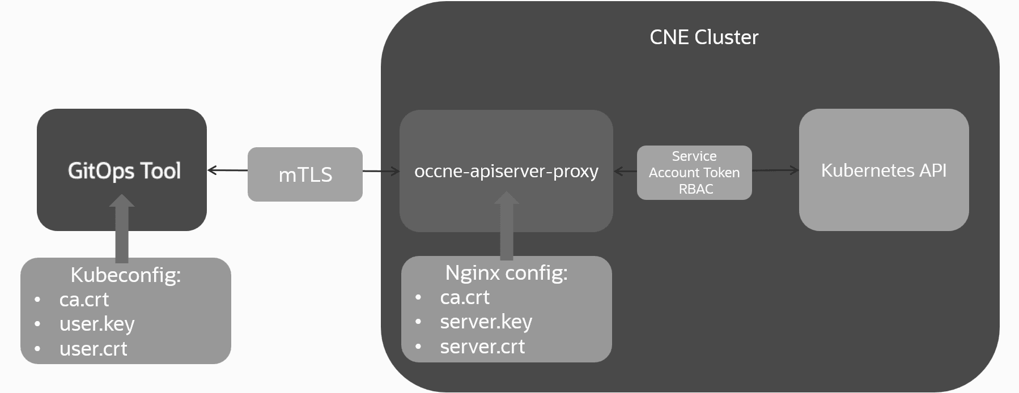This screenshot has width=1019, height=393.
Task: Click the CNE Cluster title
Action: click(703, 37)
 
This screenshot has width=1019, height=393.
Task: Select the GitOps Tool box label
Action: click(124, 170)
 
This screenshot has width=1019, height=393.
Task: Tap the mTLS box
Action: click(305, 174)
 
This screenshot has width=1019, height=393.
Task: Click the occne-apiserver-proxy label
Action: click(506, 171)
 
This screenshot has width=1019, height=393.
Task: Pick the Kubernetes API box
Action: click(884, 170)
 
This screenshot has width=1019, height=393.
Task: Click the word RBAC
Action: click(695, 189)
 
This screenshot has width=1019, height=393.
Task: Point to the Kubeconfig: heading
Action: click(125, 275)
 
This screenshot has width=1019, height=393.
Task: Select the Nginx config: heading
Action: click(506, 273)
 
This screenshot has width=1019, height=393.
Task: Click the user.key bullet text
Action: click(97, 324)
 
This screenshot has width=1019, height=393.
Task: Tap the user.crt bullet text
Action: click(93, 349)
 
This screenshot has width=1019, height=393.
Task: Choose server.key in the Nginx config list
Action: click(486, 322)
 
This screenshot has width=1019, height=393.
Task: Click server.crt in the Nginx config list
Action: click(482, 347)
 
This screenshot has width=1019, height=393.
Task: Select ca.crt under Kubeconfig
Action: click(84, 300)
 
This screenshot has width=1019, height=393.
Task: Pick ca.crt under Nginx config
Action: click(465, 297)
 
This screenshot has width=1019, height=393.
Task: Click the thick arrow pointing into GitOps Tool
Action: click(121, 229)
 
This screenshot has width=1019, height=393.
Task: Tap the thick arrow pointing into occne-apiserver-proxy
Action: click(506, 227)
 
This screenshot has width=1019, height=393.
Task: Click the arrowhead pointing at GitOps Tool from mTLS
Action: click(212, 170)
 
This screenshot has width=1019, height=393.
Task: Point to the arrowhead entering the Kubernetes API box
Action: click(795, 170)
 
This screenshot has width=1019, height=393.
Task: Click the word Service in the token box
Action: click(694, 156)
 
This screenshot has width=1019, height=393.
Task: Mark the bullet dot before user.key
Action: click(37, 324)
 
